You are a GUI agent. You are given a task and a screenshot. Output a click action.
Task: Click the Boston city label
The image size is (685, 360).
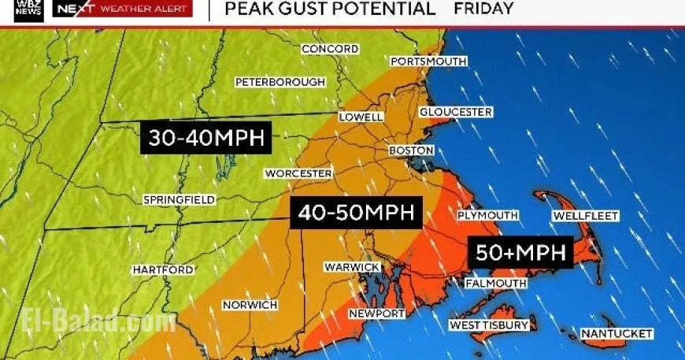411,150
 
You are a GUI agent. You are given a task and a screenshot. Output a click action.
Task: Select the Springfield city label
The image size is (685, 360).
179,200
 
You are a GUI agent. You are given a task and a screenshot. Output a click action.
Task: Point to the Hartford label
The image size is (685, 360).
163,270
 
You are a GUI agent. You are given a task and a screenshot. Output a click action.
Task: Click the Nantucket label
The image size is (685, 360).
616,334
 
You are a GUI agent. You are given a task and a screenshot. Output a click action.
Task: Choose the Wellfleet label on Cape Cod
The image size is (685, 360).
586,216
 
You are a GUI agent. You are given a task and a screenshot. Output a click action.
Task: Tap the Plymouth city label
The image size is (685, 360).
488,215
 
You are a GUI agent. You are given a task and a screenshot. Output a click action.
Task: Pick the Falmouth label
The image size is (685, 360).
496,283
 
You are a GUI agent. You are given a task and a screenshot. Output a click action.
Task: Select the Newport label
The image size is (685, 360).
376,314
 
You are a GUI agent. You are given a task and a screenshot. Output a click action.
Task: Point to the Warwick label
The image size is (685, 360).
352,267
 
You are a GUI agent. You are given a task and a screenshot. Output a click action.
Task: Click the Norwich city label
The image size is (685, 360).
250,305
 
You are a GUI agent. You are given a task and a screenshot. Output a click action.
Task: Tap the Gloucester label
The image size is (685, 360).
456,112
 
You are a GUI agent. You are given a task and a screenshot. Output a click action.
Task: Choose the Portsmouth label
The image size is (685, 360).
428,61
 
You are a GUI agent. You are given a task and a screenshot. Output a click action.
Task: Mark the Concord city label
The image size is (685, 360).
330,49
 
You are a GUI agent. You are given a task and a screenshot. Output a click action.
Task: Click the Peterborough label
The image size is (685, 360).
280,82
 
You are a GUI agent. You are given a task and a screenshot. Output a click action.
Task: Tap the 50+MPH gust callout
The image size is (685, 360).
520,253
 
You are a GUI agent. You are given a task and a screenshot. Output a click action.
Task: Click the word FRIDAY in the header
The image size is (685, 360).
484,9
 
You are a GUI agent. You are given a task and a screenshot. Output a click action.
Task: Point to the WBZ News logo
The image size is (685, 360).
28,10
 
